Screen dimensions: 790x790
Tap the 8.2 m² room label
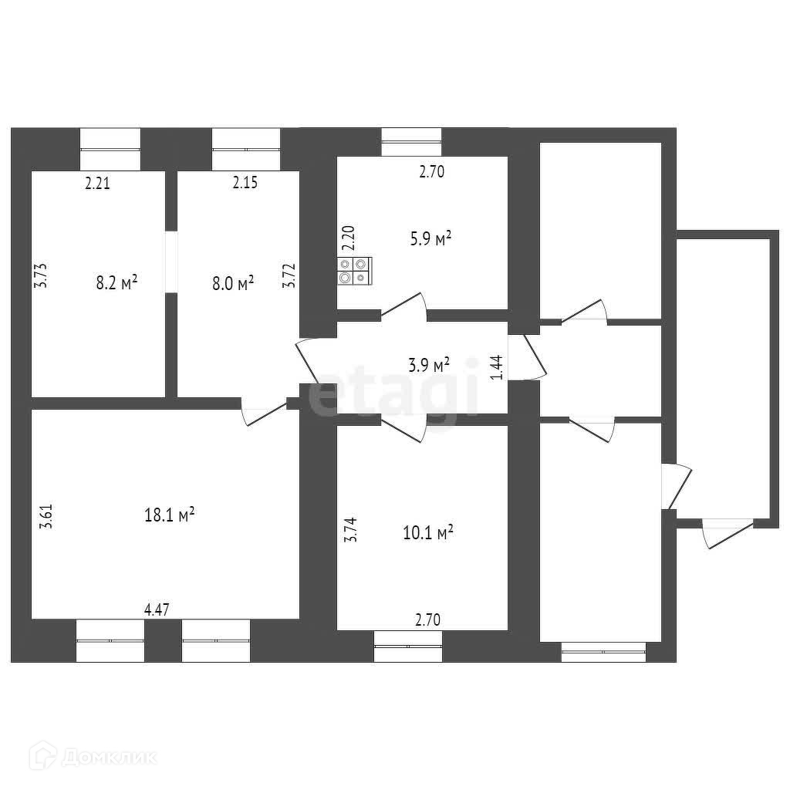coord(116,282)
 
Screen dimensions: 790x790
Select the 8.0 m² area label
coord(234,284)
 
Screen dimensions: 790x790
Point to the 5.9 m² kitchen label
coord(430,240)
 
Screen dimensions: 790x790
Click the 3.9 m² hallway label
coord(429,365)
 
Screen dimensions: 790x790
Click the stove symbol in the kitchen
coord(354,270)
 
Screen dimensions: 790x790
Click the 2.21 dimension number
coord(98,184)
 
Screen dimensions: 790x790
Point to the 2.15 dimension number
coord(245,184)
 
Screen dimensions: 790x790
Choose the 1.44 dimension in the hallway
coord(498,366)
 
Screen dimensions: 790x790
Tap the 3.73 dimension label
coord(42,275)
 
